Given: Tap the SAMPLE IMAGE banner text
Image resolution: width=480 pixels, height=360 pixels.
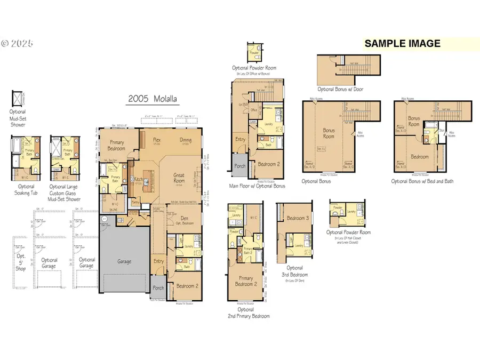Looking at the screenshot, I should [x=402, y=44].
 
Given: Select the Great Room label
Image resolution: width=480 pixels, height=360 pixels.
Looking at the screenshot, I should [x=179, y=178].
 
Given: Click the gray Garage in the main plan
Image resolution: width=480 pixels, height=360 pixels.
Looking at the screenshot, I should [x=124, y=261].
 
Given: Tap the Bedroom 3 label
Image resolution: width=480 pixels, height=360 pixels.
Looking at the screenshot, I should [x=298, y=218].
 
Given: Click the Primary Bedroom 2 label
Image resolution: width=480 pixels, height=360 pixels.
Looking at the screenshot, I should [x=246, y=281].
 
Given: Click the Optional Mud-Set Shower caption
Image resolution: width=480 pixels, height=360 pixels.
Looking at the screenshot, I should [x=17, y=118].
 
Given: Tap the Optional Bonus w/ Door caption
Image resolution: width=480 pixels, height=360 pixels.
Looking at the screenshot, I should [x=340, y=89].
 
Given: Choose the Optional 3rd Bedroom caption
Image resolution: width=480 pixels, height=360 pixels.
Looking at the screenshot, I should [x=294, y=271].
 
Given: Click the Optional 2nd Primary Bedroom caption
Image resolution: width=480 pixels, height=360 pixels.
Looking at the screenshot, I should [x=246, y=313].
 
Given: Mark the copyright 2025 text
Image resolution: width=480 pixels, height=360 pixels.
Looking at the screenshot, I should [x=17, y=44].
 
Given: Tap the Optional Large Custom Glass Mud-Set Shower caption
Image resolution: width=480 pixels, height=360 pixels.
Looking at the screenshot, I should [x=65, y=193].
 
